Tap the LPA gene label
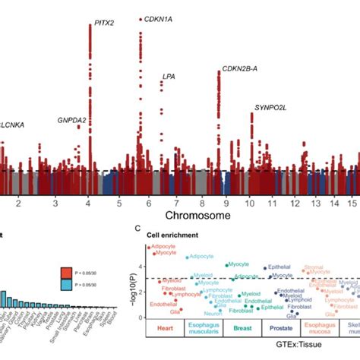tap(168, 77)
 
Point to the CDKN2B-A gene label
tap(239, 70)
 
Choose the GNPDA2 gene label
tap(71, 120)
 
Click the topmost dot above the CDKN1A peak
tap(141, 19)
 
